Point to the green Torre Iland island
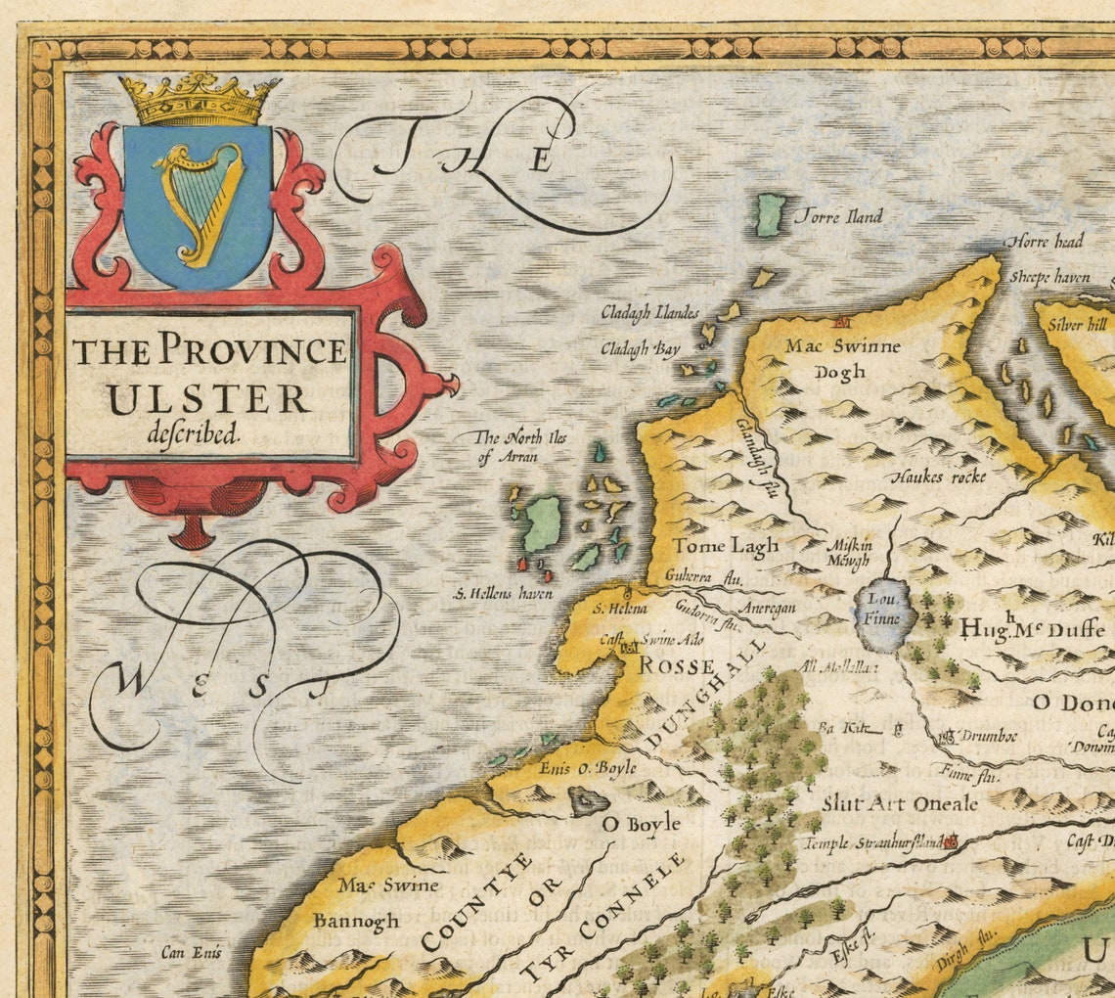771,214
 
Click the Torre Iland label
839,216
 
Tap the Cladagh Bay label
640,347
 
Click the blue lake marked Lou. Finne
885,617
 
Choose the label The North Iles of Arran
520,446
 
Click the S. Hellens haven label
503,593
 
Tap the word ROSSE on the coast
677,665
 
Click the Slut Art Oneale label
899,803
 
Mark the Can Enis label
192,951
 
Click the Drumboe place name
977,736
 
